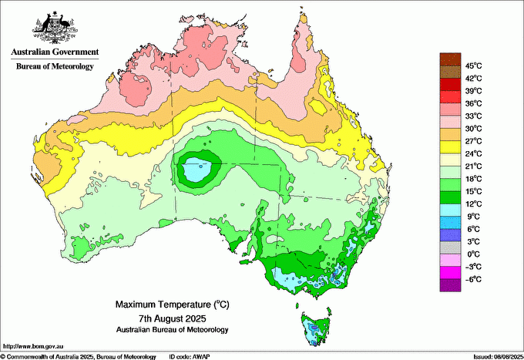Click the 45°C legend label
473,66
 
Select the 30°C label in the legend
473,128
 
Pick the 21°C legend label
473,166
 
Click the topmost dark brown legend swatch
450,59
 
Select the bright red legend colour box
450,97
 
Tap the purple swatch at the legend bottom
450,284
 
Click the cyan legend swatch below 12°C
450,210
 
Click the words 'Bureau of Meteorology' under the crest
55,67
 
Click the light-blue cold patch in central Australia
196,169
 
